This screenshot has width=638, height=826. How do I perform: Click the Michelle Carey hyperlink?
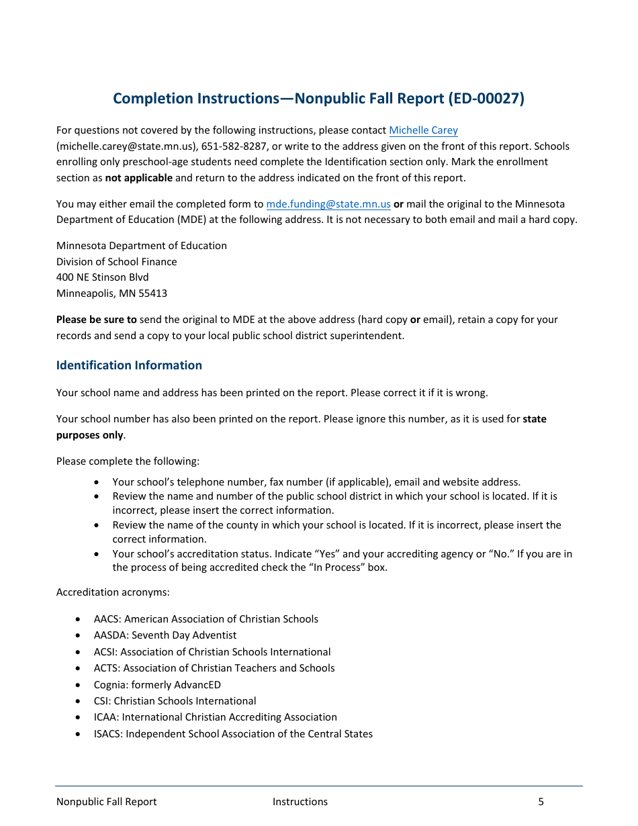[423, 130]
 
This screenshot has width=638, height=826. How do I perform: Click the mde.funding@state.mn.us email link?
[328, 204]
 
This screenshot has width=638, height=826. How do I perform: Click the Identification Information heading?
[129, 365]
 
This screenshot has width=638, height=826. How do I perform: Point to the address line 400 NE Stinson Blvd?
[102, 277]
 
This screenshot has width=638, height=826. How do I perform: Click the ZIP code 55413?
[153, 293]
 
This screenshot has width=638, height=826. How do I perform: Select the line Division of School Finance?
[116, 262]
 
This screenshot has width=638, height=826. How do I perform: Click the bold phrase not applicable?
[138, 178]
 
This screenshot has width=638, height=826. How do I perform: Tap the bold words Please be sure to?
[96, 320]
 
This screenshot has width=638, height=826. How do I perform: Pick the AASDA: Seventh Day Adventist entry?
[165, 635]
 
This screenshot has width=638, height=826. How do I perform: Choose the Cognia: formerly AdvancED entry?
[157, 685]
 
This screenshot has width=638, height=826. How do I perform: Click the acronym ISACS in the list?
[108, 734]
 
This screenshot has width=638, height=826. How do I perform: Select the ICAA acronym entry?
[105, 717]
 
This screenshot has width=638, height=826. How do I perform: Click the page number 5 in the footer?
[541, 802]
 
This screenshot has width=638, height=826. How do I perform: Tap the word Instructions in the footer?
[300, 802]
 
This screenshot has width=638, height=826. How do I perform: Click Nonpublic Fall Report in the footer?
[106, 802]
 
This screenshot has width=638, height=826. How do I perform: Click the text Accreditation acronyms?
[107, 593]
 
